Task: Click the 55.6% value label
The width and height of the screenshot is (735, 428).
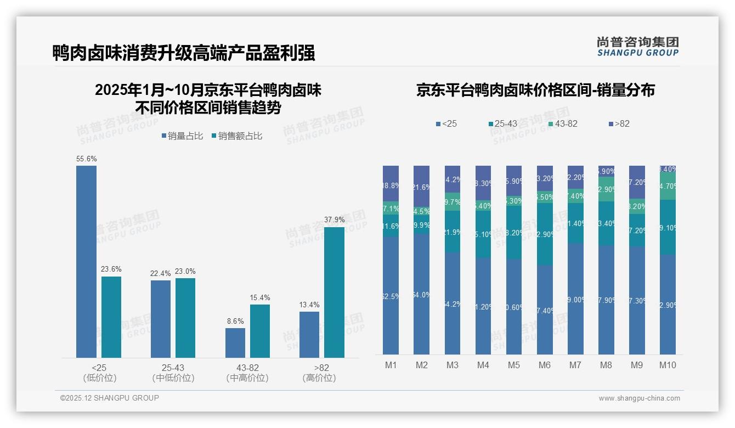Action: coord(87,159)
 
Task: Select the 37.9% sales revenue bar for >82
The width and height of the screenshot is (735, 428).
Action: coord(334,292)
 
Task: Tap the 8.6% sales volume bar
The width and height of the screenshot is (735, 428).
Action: coord(235,343)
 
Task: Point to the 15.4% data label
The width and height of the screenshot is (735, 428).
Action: coord(260,298)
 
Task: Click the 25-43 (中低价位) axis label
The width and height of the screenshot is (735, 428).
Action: coord(173,373)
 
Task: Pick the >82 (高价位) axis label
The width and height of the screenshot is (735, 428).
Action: coord(319,373)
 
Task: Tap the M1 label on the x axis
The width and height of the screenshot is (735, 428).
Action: coord(391,365)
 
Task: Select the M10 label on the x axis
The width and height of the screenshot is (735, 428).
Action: coord(667,365)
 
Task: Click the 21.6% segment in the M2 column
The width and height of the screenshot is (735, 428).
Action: coord(421,187)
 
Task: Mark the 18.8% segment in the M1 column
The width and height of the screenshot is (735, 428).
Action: coord(391,184)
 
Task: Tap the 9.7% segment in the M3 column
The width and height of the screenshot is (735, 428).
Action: coord(452,202)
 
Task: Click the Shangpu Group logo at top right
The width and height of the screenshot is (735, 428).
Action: coord(637,47)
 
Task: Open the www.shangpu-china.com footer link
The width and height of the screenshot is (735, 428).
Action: coord(639,398)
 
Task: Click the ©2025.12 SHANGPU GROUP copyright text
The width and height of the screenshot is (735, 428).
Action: coord(110,398)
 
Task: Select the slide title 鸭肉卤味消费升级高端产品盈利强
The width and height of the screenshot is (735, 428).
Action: coord(183,53)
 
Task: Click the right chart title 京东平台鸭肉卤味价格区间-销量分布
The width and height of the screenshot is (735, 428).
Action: coord(535,91)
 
